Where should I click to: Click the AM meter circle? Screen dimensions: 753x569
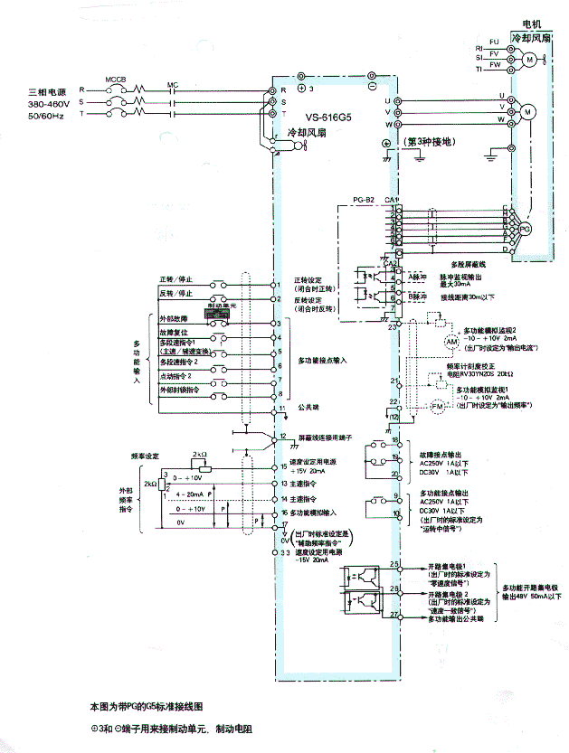click(452, 343)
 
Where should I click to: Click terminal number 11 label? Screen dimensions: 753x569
click(283, 411)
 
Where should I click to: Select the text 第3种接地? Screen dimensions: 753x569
click(431, 141)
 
